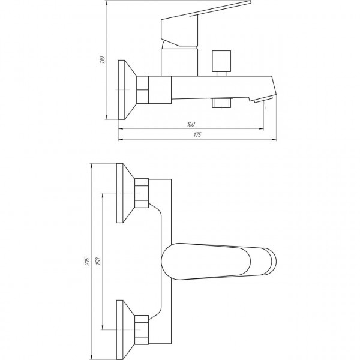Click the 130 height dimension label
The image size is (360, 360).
[x=103, y=59]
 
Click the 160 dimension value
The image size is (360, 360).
[x=191, y=124]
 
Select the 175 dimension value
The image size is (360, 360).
[x=197, y=135]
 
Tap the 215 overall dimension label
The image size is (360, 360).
[x=87, y=261]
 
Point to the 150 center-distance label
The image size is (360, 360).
[x=98, y=261]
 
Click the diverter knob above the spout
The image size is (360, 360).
[x=221, y=64]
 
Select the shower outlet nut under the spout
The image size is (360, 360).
[x=222, y=103]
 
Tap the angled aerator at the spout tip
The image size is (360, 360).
[x=263, y=100]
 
